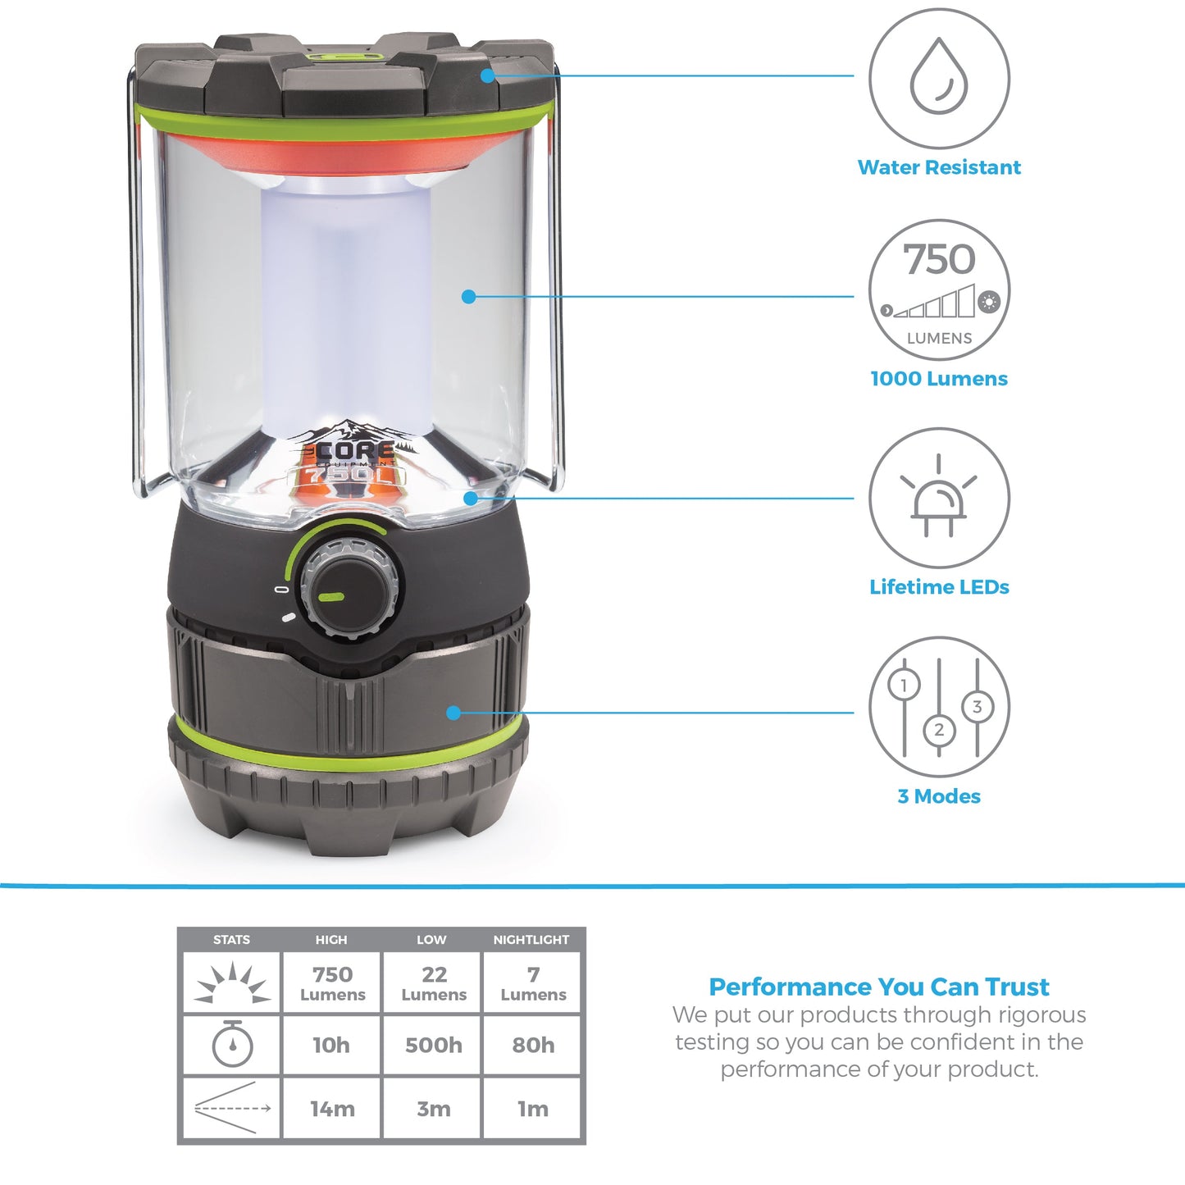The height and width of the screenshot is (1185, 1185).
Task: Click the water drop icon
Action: point(939,79)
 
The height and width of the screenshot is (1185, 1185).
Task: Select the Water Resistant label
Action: point(939,167)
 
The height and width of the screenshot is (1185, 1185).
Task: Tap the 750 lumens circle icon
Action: point(939,289)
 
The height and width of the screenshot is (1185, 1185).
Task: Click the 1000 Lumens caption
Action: point(939,379)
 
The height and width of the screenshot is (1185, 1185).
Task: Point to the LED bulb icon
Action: point(939,498)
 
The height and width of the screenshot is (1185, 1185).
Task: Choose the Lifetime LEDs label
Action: point(939,587)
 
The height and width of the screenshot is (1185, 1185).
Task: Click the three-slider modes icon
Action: point(939,707)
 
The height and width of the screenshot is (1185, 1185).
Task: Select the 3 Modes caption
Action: point(939,796)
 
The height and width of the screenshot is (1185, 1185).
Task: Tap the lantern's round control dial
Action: point(350,587)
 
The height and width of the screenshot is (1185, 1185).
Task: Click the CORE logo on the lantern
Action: point(354,452)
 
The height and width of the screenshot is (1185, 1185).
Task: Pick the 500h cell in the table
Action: point(433,1045)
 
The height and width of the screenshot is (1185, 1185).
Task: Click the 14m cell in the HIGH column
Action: point(332,1109)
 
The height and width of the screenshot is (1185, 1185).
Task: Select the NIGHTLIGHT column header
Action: point(531,940)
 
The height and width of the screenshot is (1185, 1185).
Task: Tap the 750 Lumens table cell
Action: point(332,983)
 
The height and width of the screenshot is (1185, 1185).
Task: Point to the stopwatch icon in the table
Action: point(232,1045)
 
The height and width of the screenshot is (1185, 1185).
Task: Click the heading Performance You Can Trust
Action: point(879,987)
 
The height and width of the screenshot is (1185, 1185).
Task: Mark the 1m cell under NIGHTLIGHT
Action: point(533,1109)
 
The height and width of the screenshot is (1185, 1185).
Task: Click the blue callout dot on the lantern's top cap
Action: point(488,75)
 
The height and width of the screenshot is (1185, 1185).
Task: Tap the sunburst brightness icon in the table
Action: point(232,983)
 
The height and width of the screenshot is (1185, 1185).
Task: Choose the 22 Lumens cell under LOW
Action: point(433,983)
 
